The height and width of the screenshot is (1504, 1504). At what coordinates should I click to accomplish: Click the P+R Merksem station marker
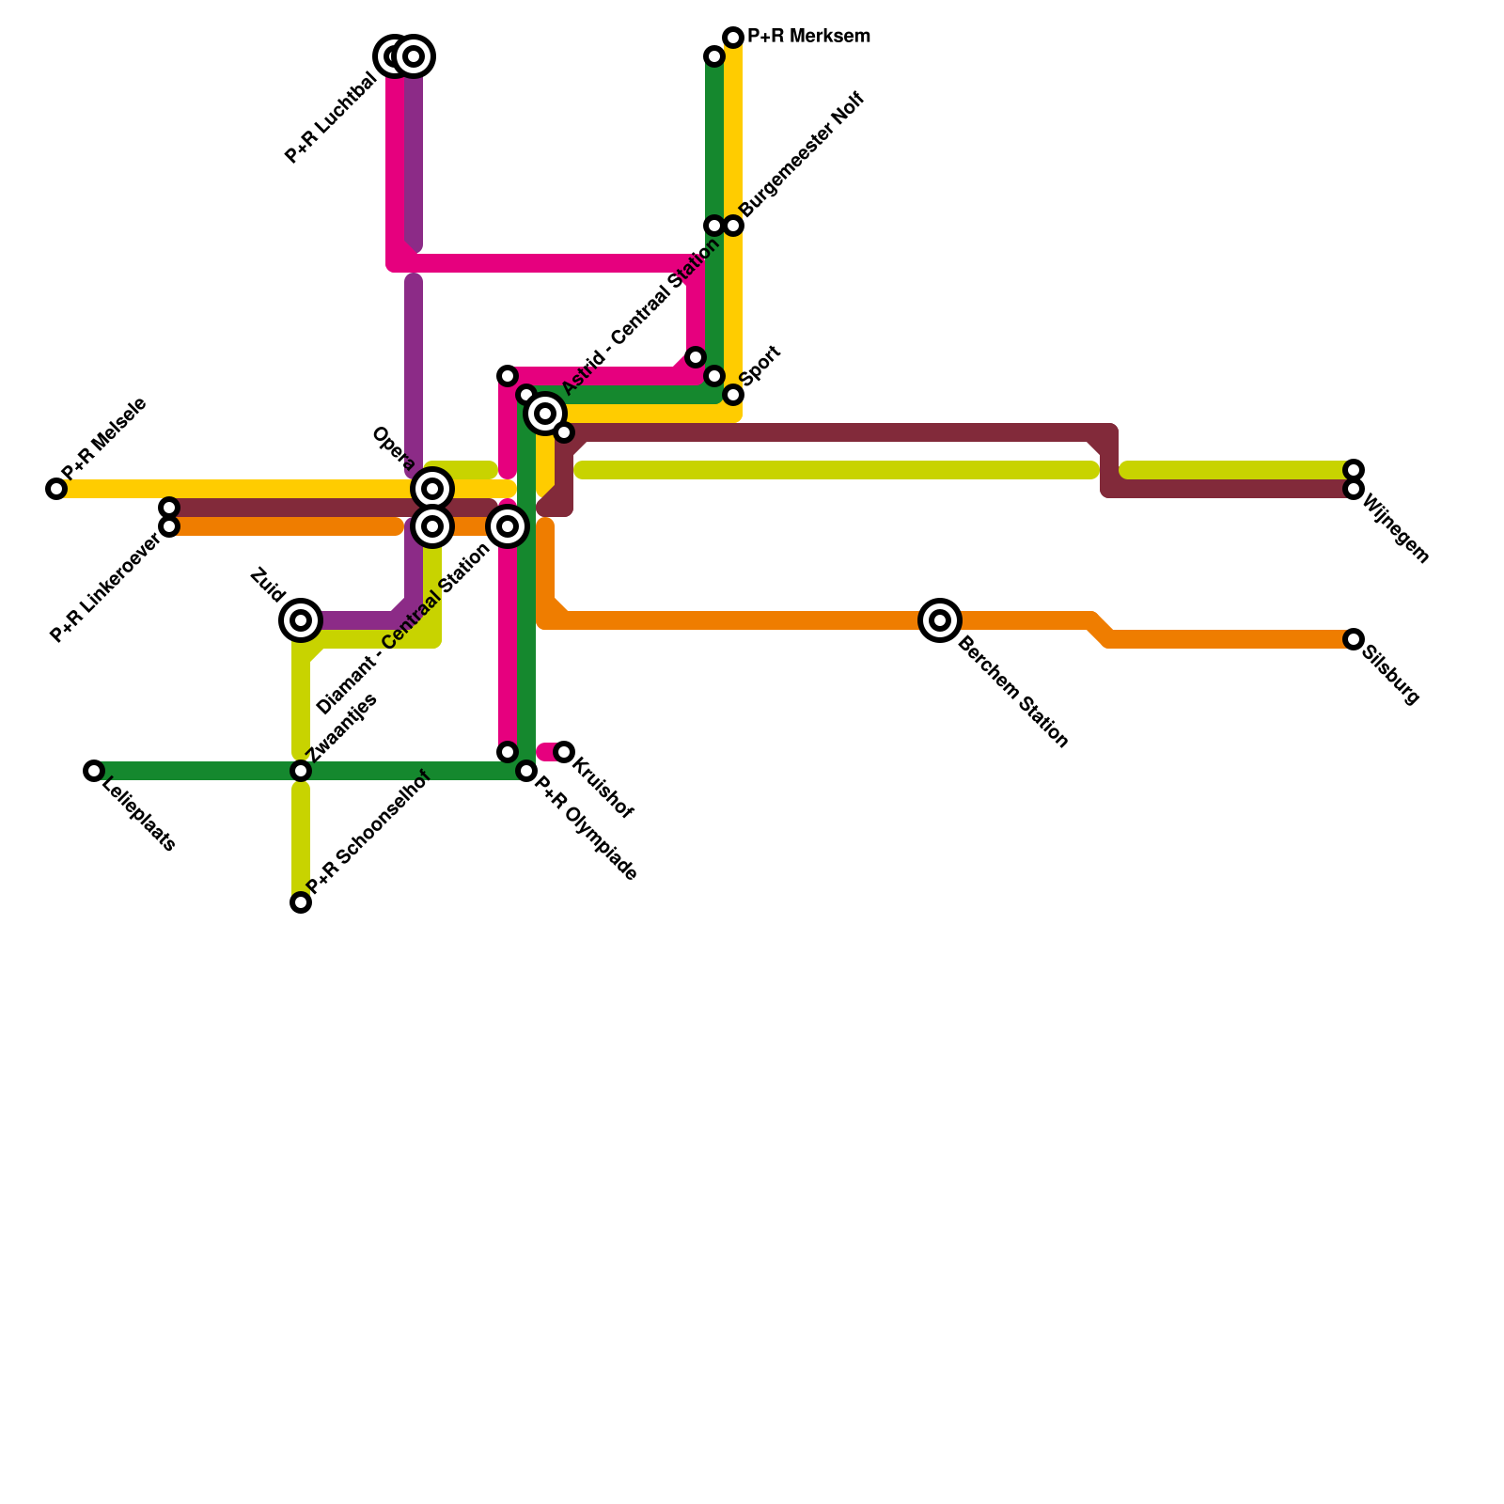pyautogui.click(x=733, y=38)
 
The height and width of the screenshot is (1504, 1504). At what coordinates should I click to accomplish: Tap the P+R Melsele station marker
pyautogui.click(x=56, y=489)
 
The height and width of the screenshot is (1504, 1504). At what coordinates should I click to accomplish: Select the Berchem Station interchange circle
pyautogui.click(x=940, y=620)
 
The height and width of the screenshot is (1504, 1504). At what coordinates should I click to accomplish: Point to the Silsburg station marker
pyautogui.click(x=1354, y=639)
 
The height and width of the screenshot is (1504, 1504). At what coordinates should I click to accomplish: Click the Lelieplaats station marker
pyautogui.click(x=94, y=771)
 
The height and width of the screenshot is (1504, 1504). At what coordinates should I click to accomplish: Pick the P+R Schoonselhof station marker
pyautogui.click(x=301, y=902)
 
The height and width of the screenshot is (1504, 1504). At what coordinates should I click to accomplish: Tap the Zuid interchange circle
pyautogui.click(x=301, y=620)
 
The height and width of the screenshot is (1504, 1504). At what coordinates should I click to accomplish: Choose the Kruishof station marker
pyautogui.click(x=564, y=752)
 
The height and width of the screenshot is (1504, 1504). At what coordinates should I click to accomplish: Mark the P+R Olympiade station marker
pyautogui.click(x=526, y=771)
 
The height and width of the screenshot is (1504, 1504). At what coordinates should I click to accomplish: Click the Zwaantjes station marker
pyautogui.click(x=301, y=771)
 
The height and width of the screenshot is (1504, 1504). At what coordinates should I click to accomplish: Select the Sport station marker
pyautogui.click(x=733, y=395)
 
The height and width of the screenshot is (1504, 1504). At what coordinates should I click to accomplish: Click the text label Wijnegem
pyautogui.click(x=1395, y=528)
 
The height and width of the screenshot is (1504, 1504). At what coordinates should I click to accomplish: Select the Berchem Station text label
pyautogui.click(x=1013, y=692)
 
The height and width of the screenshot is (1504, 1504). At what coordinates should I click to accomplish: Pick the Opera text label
pyautogui.click(x=393, y=448)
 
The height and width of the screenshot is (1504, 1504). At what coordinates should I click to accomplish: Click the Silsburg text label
pyautogui.click(x=1390, y=675)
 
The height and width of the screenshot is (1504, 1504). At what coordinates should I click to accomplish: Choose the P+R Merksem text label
pyautogui.click(x=808, y=38)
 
